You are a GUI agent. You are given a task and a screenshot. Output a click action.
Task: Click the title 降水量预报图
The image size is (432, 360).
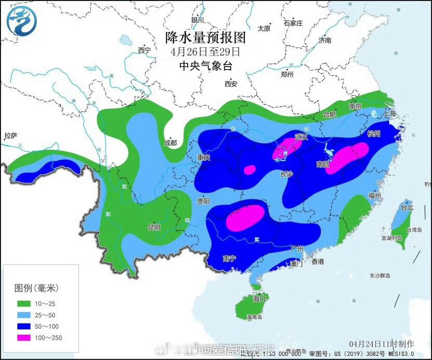click(x=205, y=37)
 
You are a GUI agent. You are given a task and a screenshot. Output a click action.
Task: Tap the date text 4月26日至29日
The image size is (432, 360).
click(x=205, y=52)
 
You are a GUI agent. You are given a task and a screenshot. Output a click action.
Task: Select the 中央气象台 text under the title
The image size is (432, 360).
click(x=205, y=66)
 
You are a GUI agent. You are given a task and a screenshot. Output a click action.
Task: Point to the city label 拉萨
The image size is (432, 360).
click(x=11, y=136)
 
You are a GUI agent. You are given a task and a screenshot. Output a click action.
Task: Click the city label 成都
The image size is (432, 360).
click(x=170, y=143)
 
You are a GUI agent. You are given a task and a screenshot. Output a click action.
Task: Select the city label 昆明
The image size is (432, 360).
click(x=154, y=227)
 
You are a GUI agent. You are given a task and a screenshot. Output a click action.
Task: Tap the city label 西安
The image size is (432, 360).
click(x=231, y=84)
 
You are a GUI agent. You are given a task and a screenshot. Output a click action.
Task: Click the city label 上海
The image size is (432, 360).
click(x=389, y=113)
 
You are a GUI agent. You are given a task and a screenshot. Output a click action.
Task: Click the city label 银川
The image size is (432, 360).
click(x=198, y=20)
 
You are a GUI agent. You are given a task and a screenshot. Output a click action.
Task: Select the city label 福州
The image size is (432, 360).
click(x=374, y=195)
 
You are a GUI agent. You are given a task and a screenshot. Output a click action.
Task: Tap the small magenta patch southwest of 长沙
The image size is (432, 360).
click(x=250, y=170)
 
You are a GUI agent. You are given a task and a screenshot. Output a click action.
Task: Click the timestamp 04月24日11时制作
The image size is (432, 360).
click(x=382, y=344)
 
